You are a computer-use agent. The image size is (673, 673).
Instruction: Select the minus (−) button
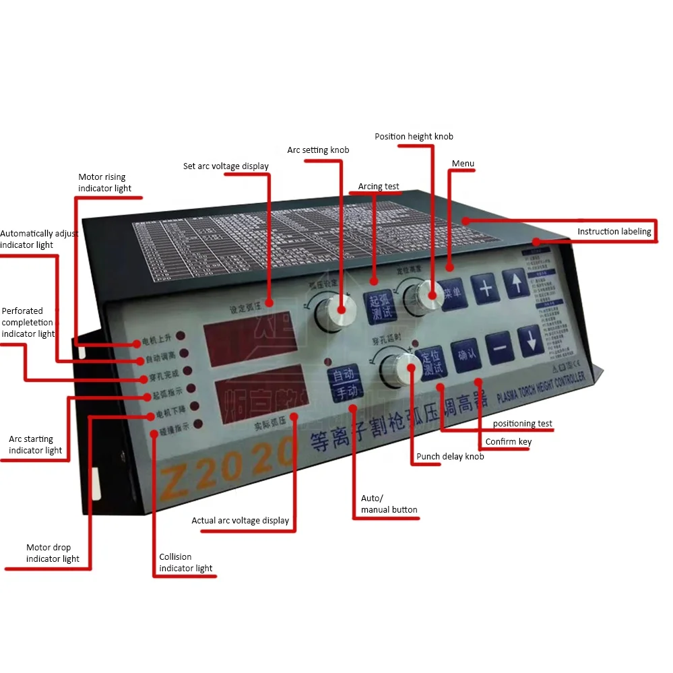(500, 349)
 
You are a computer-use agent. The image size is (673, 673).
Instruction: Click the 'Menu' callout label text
(463, 164)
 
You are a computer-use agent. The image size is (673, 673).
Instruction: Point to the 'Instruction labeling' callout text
(614, 232)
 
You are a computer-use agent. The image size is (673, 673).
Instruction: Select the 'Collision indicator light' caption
(186, 563)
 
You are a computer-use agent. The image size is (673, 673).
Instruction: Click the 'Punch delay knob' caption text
(450, 457)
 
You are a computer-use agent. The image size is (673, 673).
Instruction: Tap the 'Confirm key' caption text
(509, 442)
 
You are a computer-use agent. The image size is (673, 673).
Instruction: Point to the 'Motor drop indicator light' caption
(53, 553)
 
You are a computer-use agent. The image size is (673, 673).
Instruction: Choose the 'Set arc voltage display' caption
(226, 166)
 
